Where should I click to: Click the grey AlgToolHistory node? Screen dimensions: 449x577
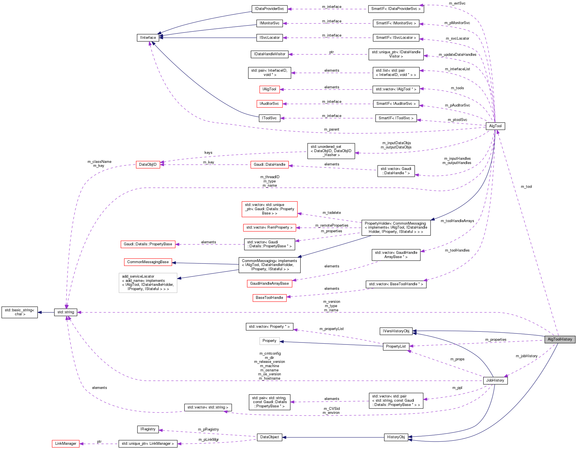tap(559, 339)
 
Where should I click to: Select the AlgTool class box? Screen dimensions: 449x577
tap(495, 126)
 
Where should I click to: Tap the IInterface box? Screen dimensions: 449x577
tap(148, 38)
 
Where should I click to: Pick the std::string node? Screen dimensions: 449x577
tap(66, 312)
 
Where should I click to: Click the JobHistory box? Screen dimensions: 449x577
tap(495, 380)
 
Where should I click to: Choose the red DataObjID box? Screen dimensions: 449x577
tap(148, 165)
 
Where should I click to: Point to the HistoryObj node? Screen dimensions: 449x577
tap(396, 437)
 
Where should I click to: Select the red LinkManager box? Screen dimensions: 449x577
tap(66, 444)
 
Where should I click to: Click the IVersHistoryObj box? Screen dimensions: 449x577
tap(396, 331)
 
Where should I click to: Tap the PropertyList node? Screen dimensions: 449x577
tap(396, 346)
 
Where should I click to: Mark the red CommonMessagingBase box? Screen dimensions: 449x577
tap(148, 262)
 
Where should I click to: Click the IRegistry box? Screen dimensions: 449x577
tap(148, 429)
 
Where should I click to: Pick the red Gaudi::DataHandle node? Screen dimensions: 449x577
tap(269, 165)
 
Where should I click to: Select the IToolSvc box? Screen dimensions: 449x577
tap(269, 118)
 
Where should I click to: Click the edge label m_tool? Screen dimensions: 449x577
tap(526, 187)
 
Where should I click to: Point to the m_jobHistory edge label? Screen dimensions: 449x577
tap(526, 356)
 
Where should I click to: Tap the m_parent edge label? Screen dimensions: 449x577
tap(331, 129)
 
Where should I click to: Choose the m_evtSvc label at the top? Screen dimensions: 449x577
tap(457, 3)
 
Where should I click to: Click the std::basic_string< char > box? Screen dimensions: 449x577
tap(20, 312)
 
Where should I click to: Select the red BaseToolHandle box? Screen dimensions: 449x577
tap(269, 298)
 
